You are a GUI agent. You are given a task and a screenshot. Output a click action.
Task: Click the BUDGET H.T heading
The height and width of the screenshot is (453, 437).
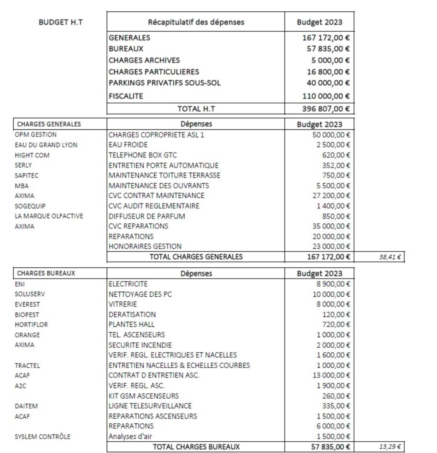point(60,22)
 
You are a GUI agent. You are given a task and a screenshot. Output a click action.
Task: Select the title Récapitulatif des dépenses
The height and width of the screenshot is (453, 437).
point(196,22)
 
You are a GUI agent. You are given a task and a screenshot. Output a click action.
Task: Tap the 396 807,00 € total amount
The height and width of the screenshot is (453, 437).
point(326,109)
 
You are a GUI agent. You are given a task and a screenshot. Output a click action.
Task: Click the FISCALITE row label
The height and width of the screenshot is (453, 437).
point(126,96)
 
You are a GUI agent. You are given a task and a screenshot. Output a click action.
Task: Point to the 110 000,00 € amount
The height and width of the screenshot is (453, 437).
point(326,96)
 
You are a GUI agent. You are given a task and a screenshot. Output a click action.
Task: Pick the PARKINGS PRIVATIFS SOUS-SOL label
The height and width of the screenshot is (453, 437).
point(165,83)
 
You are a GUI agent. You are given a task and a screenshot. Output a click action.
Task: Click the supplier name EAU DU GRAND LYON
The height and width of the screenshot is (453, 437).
point(46,145)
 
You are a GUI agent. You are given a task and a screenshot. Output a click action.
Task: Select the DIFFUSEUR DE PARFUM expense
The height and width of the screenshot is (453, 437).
point(147,216)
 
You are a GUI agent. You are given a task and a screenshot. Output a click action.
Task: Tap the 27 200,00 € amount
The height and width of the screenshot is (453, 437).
point(331,196)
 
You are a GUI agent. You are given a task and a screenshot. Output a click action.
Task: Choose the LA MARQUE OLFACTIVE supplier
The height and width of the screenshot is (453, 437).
point(49,216)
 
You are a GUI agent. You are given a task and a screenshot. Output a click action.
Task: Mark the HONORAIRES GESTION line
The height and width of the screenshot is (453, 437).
point(145,247)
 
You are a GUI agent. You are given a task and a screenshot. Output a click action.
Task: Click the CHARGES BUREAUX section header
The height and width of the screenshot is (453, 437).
point(46,273)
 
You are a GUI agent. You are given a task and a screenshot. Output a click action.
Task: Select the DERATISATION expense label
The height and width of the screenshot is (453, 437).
point(132,314)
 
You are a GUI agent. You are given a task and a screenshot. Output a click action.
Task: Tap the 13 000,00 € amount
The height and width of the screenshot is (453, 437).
point(331,376)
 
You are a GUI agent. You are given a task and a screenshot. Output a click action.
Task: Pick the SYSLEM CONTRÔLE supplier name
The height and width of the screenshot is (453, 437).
point(42,437)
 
